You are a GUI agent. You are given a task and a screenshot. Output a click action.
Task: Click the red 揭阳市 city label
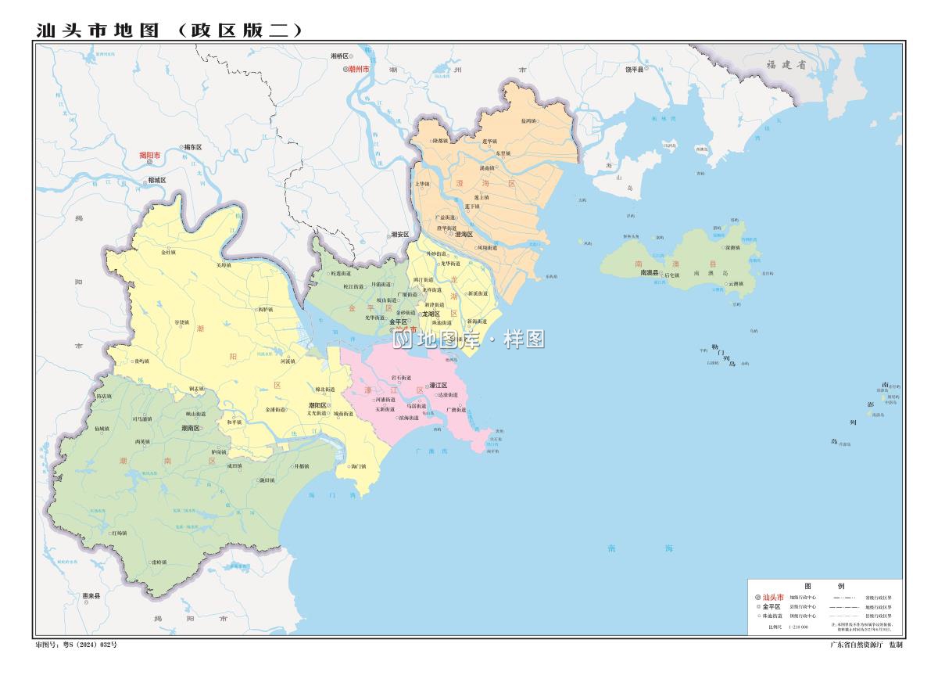pos(150,155)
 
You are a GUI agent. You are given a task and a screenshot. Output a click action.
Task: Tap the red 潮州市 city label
pos(359,70)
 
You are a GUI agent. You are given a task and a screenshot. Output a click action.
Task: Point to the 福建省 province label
pos(785,66)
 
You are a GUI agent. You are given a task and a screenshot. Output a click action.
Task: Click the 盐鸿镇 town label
pos(528,121)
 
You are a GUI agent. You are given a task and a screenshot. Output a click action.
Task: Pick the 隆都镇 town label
pos(441,141)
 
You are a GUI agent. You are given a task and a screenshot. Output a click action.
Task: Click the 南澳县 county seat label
pos(650,273)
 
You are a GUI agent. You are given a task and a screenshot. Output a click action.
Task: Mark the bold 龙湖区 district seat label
pos(431,314)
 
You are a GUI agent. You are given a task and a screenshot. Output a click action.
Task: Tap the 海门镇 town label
pos(358,467)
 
